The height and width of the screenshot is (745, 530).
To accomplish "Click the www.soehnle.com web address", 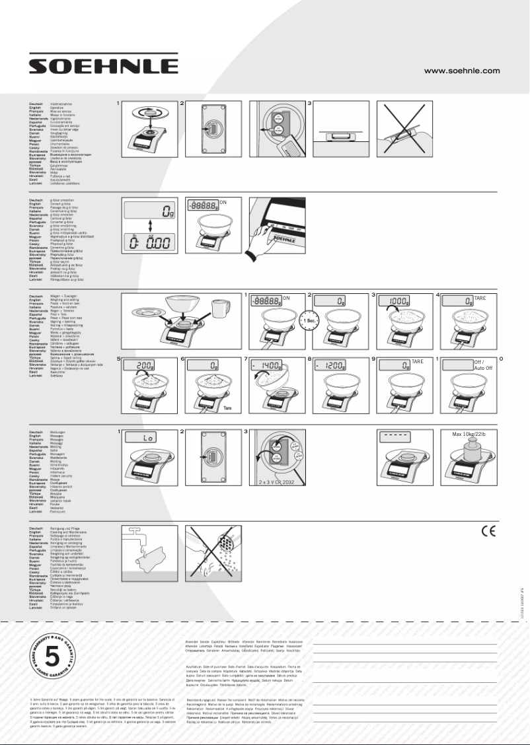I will (461, 70).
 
